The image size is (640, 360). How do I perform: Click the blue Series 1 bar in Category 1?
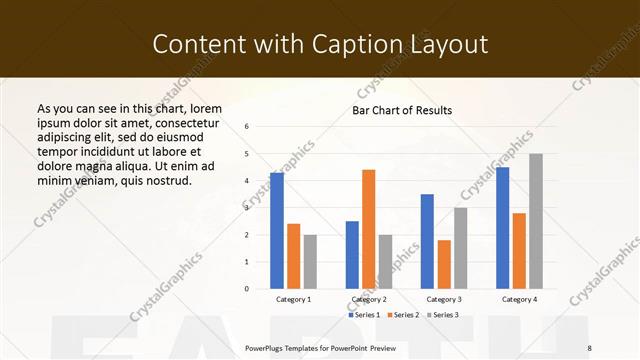277,231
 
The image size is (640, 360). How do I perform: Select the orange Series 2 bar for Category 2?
368,229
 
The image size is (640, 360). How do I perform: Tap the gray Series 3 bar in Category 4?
536,221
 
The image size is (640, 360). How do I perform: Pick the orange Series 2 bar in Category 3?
444,264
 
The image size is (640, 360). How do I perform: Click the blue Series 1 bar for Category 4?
502,228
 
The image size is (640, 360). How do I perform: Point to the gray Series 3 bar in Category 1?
310,262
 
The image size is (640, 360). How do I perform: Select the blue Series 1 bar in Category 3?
427,241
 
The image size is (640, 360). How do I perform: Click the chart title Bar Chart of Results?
402,110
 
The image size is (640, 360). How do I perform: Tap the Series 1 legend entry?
362,315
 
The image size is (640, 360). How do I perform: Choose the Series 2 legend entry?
404,315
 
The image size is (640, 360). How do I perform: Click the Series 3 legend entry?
444,315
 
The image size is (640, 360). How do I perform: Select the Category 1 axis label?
293,299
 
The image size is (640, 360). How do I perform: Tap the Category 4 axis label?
518,299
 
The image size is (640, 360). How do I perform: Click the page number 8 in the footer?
590,347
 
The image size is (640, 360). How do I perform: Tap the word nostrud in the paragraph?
165,180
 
